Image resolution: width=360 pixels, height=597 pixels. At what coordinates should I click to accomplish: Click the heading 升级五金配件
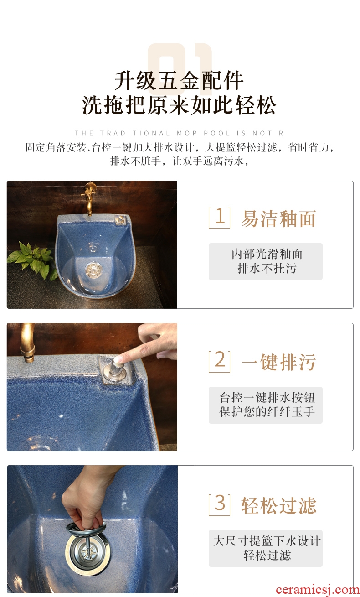click(179, 80)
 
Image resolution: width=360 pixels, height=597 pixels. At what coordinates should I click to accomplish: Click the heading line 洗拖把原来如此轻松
click(179, 105)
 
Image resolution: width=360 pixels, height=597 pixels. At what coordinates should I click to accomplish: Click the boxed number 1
click(219, 218)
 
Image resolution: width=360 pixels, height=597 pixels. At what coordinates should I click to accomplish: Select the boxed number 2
click(219, 361)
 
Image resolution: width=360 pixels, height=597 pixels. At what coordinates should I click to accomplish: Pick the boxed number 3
click(219, 505)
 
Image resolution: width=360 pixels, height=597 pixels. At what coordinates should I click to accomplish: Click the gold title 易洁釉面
click(278, 218)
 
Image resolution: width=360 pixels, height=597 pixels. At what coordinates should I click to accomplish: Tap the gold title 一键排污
click(278, 362)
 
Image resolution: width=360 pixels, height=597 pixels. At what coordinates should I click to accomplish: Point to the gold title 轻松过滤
click(278, 506)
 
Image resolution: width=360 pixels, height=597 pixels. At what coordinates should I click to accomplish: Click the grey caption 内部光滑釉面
click(267, 254)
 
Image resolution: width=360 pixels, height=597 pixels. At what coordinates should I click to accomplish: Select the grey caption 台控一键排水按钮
click(267, 398)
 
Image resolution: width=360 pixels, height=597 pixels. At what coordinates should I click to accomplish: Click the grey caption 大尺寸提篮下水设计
click(267, 541)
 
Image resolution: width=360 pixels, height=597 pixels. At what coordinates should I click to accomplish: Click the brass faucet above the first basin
click(89, 198)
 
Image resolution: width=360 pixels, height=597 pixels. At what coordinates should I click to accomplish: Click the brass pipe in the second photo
click(27, 343)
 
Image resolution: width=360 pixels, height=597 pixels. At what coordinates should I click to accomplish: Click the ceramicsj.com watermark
click(318, 590)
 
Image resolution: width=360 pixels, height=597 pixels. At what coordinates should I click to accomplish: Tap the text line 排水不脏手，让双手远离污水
click(179, 161)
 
